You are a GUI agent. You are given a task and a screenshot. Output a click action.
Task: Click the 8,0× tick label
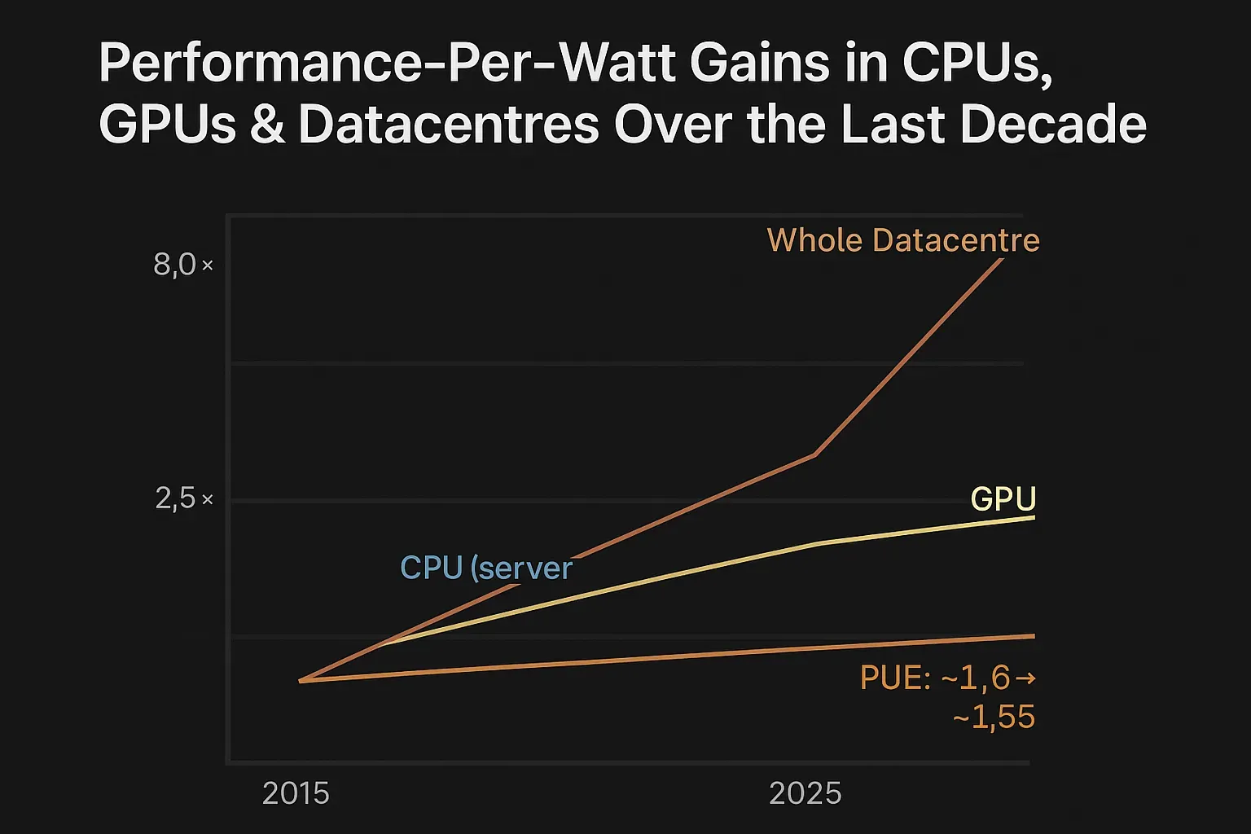[183, 265]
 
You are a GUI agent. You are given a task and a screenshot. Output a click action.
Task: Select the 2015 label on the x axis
[296, 793]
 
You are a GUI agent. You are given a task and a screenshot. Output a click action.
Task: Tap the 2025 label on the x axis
[805, 793]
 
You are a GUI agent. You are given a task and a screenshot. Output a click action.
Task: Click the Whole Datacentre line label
[902, 240]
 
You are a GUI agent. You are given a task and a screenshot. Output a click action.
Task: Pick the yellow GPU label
[1003, 498]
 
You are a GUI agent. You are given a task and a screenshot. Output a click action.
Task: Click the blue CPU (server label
[486, 568]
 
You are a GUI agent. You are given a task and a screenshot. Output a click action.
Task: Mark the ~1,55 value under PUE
[993, 718]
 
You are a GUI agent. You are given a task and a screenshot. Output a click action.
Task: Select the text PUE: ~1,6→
[947, 678]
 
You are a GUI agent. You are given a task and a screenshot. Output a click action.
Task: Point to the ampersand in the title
[268, 126]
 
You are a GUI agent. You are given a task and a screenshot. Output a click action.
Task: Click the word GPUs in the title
[168, 125]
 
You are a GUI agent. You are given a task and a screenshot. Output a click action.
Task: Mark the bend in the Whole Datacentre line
[814, 454]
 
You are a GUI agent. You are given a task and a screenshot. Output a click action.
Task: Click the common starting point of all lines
[301, 680]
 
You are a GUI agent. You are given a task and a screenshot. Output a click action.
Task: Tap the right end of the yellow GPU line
[1033, 517]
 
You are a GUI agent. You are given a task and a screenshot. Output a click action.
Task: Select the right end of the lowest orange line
[1033, 635]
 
